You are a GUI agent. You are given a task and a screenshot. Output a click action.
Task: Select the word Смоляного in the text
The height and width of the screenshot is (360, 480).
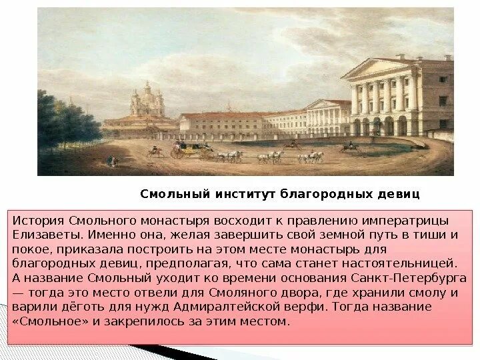coord(231,292)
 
